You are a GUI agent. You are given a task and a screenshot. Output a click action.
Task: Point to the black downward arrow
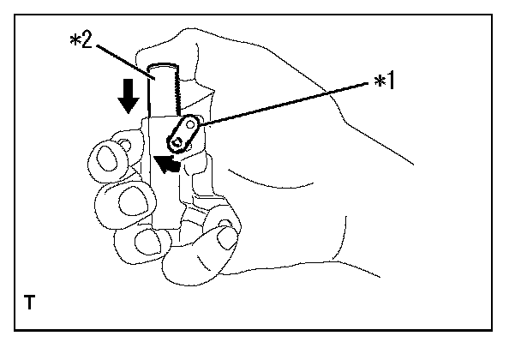pyautogui.click(x=128, y=97)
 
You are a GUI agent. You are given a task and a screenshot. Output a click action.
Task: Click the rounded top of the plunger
pyautogui.click(x=162, y=69)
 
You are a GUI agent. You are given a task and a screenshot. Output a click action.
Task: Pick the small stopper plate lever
pyautogui.click(x=186, y=133)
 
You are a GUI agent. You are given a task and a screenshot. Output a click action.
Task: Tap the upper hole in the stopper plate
pyautogui.click(x=193, y=127)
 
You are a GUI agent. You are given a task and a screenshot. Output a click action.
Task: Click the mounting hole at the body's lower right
pyautogui.click(x=224, y=229)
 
